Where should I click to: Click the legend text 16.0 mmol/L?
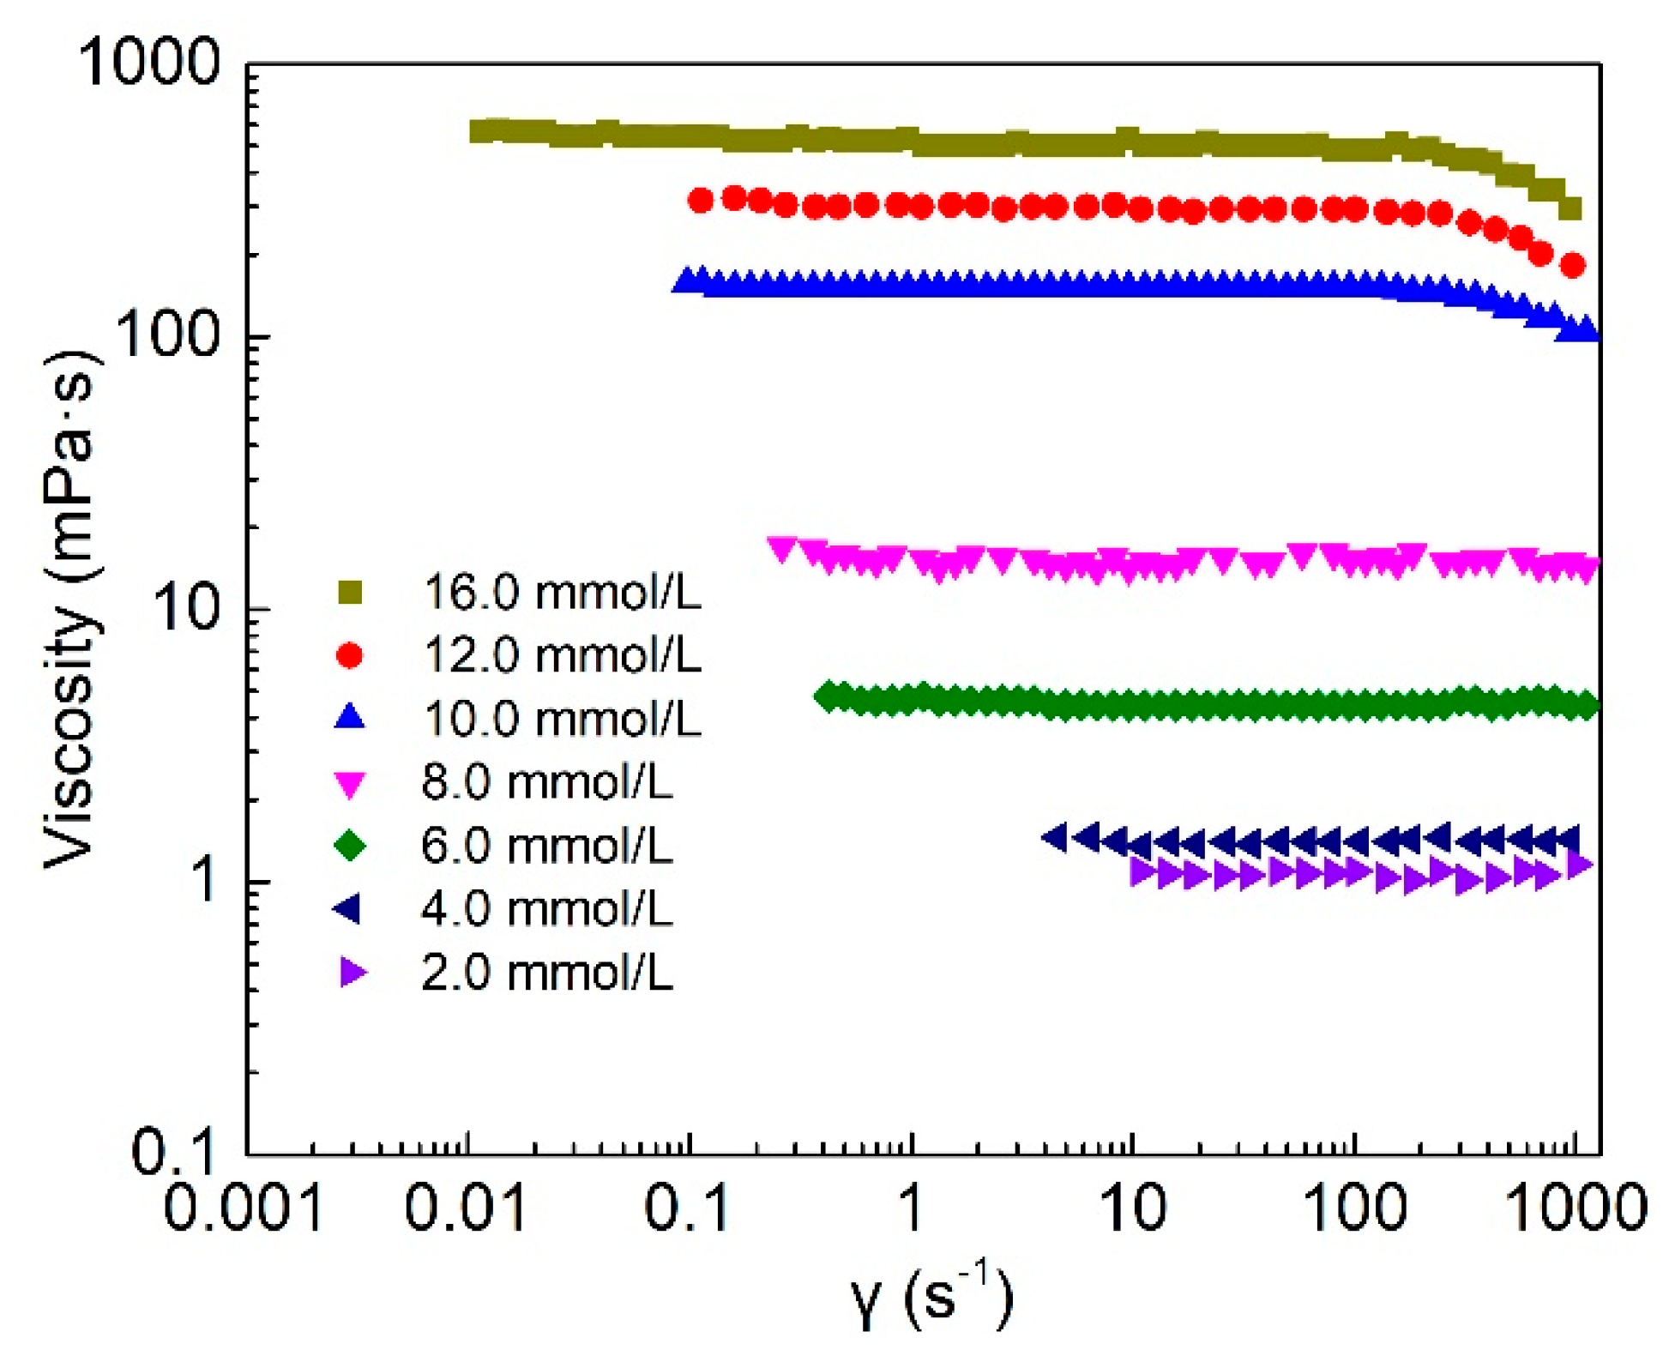point(563,593)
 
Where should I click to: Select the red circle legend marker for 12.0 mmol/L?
point(349,656)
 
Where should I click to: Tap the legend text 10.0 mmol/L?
point(563,719)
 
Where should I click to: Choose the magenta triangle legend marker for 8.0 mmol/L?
point(349,784)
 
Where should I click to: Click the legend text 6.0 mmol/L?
point(546,846)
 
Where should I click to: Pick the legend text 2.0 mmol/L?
point(546,973)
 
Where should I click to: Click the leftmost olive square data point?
point(483,131)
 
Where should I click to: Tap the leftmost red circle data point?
point(701,201)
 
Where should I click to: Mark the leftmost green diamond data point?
point(828,696)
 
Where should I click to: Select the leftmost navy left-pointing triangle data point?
point(1055,837)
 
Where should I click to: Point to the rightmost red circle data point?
point(1572,265)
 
